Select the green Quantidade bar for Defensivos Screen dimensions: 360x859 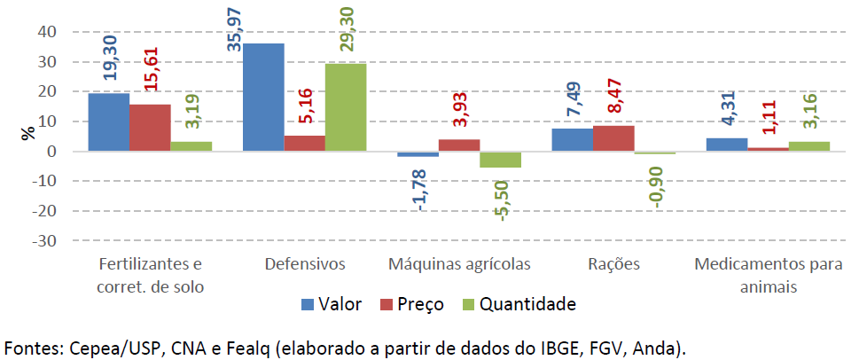(345, 107)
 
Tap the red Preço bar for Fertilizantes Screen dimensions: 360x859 (149, 128)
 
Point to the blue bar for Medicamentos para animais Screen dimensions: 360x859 (726, 145)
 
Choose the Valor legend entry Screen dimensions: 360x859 (332, 304)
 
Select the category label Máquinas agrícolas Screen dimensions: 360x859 (460, 264)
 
